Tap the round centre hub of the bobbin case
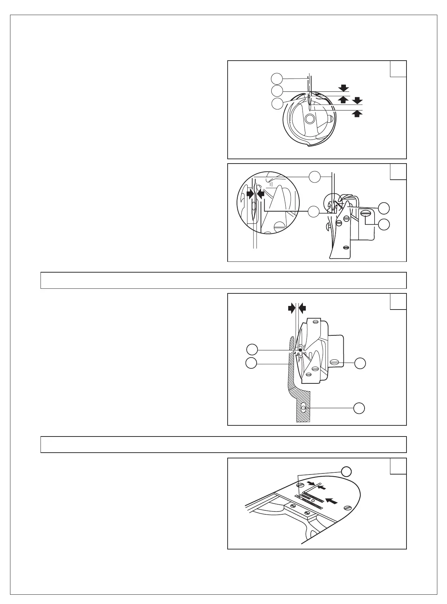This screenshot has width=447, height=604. [309, 118]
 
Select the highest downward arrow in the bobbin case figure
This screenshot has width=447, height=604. [344, 88]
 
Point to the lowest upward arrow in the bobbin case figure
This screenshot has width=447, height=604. [357, 114]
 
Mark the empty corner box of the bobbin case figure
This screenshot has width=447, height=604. [398, 69]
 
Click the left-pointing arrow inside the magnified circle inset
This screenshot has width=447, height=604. [261, 194]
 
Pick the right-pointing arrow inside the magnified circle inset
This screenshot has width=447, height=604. [248, 194]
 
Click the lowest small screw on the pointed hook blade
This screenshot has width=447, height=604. [346, 247]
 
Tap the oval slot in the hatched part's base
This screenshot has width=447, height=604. [304, 408]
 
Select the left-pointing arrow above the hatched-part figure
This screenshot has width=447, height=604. [303, 307]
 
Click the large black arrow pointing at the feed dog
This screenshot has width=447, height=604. [332, 501]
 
